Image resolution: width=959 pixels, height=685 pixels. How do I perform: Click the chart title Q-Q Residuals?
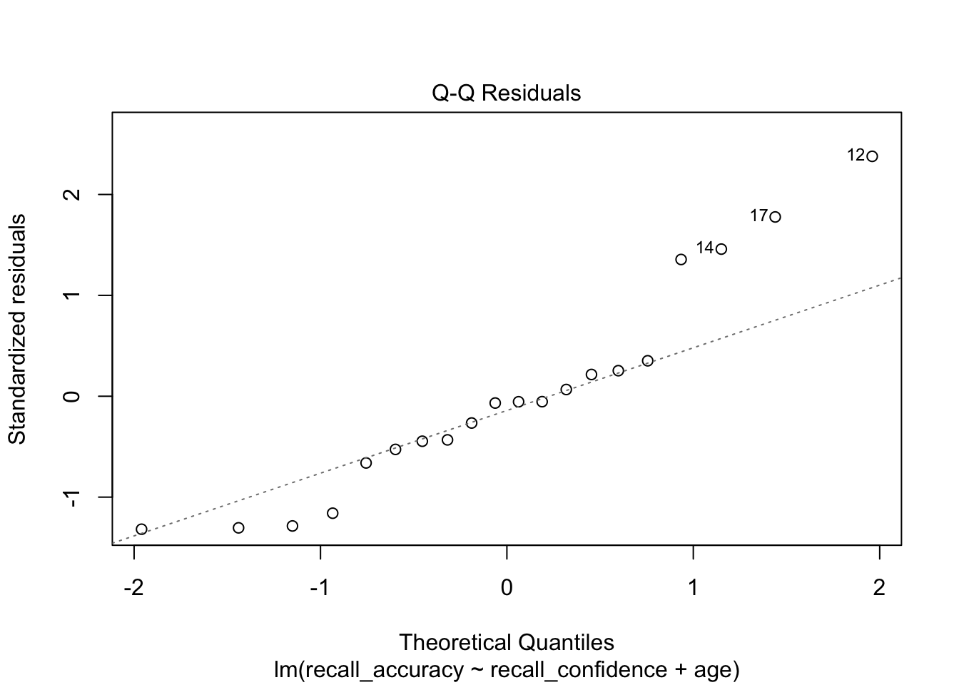506,93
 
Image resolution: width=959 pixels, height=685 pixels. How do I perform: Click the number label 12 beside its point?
856,155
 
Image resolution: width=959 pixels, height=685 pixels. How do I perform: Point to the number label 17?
759,215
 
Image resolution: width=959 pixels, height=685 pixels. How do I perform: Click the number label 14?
705,248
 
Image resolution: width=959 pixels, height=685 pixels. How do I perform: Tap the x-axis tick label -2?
133,588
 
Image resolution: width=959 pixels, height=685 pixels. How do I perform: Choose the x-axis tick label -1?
320,588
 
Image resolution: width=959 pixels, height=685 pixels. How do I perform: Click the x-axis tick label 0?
507,588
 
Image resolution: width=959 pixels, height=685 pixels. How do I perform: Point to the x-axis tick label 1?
693,588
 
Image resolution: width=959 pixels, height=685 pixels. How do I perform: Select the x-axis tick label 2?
879,588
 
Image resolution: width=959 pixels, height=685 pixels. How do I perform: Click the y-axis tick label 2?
72,194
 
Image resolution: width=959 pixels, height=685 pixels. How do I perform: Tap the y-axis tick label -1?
72,497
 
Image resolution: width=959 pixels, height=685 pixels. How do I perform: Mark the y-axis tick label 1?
72,295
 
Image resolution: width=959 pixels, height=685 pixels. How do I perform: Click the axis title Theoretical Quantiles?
507,643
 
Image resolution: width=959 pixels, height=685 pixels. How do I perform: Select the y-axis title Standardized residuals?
17,329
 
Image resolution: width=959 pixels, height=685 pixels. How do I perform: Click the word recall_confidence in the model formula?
579,670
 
